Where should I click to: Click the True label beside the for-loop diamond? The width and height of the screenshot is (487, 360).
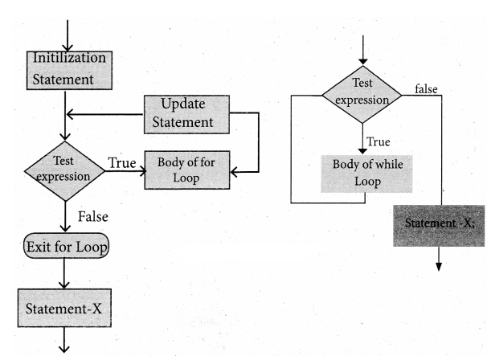coord(121,162)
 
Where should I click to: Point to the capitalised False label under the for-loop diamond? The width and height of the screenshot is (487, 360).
coord(94,215)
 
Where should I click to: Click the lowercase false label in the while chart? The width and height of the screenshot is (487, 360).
coord(426,89)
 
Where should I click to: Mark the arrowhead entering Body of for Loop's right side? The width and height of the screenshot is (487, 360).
coord(235,170)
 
